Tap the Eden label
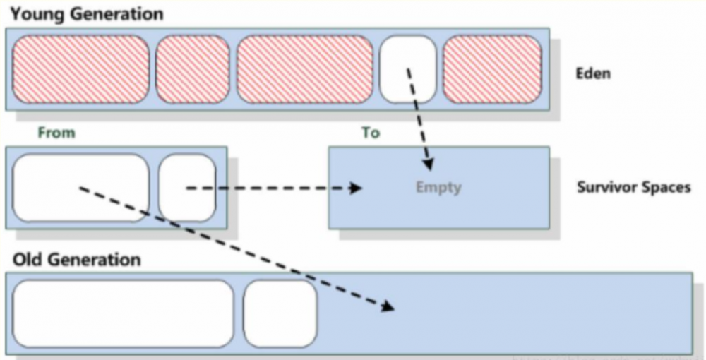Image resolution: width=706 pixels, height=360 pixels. click(593, 73)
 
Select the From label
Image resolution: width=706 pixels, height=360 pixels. click(56, 133)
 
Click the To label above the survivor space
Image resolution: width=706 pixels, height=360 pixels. click(371, 133)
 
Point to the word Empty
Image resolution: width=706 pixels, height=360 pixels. click(438, 187)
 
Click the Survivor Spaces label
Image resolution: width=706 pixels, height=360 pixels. click(633, 188)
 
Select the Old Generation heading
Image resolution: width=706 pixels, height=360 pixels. click(77, 259)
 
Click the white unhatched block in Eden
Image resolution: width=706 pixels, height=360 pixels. click(407, 68)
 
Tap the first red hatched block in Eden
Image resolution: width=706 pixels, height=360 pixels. click(80, 68)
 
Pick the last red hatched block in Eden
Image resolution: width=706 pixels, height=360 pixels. click(491, 68)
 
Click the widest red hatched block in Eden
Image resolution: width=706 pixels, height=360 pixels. click(304, 68)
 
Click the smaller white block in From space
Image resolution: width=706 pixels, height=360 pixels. click(186, 188)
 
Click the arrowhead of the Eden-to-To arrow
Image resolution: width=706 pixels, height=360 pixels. click(428, 166)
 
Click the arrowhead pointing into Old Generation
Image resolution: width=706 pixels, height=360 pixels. click(388, 306)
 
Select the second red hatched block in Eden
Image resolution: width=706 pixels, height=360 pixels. click(192, 68)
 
